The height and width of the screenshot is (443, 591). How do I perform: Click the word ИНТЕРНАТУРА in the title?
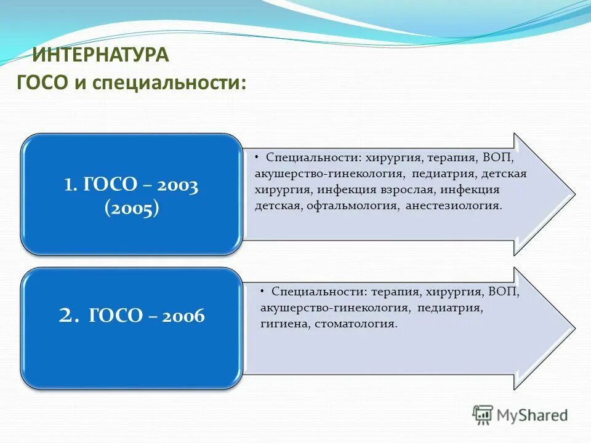(100, 55)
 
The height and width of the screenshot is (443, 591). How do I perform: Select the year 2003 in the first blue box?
(177, 185)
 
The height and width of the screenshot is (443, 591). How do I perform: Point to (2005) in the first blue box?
(132, 208)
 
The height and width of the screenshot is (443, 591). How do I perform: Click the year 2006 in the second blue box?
(183, 316)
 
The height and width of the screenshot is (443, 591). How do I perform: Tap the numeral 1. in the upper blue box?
(71, 185)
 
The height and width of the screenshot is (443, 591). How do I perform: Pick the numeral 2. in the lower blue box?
(69, 316)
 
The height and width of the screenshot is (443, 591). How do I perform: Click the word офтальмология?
(353, 206)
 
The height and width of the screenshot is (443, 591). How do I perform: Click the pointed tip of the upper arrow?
(574, 194)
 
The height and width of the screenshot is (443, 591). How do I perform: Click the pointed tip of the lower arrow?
(574, 328)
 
